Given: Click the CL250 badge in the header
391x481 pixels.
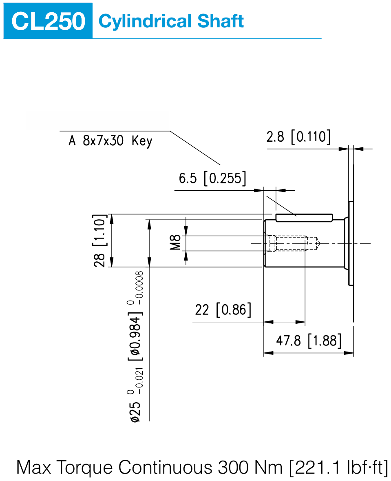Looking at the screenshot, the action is pos(48,21).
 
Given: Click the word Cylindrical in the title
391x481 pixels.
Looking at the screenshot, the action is pos(145,22).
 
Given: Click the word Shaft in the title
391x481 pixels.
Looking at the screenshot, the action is pos(220,21).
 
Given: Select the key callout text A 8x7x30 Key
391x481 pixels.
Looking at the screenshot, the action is pos(110,141).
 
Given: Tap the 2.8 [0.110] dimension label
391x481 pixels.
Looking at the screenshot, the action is pos(298,136).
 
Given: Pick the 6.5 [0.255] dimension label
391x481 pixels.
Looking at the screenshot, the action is pos(212,178).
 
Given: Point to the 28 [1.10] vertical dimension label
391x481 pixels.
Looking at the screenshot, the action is pos(99,241).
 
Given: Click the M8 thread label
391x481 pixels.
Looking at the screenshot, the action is pos(175,243).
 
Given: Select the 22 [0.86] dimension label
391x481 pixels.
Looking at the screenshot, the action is pos(223,310).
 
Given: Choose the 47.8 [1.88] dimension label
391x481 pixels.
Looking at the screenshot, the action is pos(309,341).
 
